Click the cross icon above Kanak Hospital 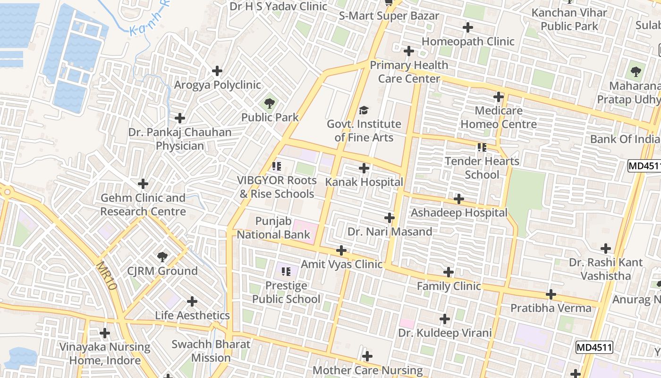364,168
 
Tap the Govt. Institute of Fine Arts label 364,131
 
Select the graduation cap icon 364,111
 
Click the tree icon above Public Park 270,103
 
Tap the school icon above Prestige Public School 286,272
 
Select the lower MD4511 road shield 594,348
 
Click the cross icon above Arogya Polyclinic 217,71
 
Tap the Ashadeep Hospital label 459,213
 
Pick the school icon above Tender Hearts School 482,147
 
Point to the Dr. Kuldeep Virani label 445,333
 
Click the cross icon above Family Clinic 449,272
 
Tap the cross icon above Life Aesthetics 192,301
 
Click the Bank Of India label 625,139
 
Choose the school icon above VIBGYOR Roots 277,166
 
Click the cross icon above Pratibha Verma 551,294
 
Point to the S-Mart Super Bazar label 389,16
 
